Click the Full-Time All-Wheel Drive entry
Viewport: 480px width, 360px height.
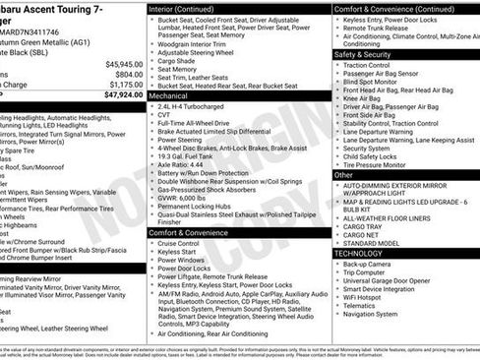pyautogui.click(x=199, y=122)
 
